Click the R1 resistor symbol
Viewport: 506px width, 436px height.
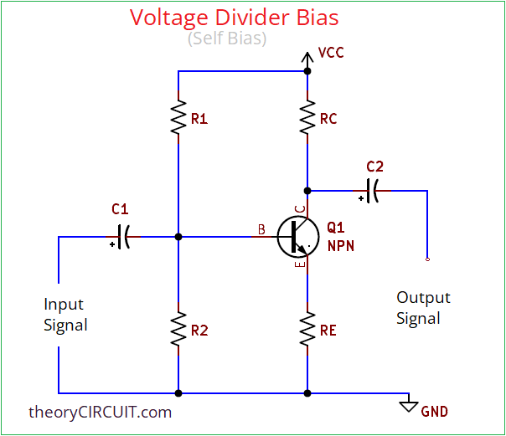pyautogui.click(x=178, y=119)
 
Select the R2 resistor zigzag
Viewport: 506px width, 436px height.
pyautogui.click(x=178, y=330)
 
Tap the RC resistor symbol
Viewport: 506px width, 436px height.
pyautogui.click(x=307, y=119)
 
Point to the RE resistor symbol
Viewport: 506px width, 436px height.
pyautogui.click(x=307, y=330)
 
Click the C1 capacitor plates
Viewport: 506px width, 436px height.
pyautogui.click(x=123, y=237)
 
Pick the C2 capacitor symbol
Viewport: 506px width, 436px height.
pyautogui.click(x=374, y=190)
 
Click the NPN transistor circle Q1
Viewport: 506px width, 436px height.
pyautogui.click(x=295, y=237)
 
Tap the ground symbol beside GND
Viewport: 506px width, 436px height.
pyautogui.click(x=409, y=405)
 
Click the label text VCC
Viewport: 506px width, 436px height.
pyautogui.click(x=331, y=53)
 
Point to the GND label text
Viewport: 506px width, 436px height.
pyautogui.click(x=434, y=411)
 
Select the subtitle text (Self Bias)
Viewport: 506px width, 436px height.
pyautogui.click(x=227, y=38)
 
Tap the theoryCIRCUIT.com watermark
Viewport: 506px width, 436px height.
pyautogui.click(x=100, y=411)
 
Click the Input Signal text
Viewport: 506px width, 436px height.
pyautogui.click(x=65, y=315)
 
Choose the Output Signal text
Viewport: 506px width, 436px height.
pyautogui.click(x=423, y=307)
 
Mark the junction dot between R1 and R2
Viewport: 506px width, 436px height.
pyautogui.click(x=178, y=237)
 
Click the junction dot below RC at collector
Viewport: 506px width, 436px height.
pyautogui.click(x=307, y=190)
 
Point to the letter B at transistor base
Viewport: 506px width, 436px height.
pyautogui.click(x=261, y=228)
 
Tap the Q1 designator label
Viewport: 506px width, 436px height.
pyautogui.click(x=335, y=228)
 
